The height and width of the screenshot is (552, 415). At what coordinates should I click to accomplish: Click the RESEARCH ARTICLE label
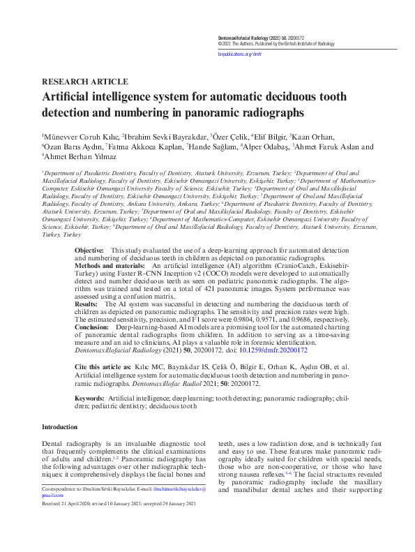pos(84,81)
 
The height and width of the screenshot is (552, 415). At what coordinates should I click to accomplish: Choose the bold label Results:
pos(86,304)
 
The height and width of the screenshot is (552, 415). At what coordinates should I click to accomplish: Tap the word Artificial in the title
pos(69,98)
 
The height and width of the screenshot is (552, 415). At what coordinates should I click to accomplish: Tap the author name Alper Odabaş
pos(265,147)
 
